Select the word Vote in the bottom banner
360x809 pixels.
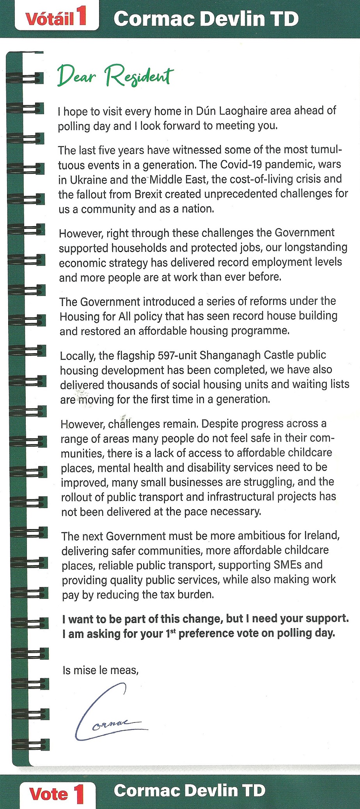[x=48, y=794]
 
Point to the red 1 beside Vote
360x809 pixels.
[x=79, y=793]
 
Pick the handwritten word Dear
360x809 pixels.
[x=76, y=76]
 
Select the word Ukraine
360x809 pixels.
[x=89, y=180]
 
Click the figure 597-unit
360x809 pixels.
[x=177, y=356]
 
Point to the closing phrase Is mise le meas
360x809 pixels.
[x=100, y=670]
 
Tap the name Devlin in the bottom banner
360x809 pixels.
[x=211, y=791]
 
